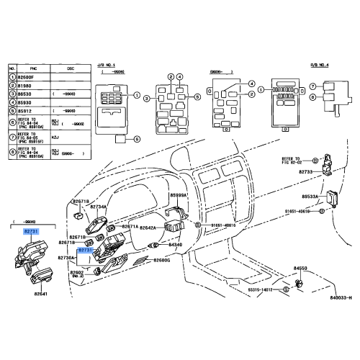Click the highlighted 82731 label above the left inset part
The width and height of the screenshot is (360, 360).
tap(31, 231)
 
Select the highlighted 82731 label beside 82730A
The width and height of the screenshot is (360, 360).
tap(96, 250)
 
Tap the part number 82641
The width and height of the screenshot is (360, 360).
tap(40, 294)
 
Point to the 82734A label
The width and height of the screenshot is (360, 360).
tap(98, 207)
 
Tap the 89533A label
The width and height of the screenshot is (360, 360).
tap(310, 196)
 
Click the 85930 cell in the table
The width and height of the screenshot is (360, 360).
tap(27, 102)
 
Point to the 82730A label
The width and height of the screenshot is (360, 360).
tap(86, 257)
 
